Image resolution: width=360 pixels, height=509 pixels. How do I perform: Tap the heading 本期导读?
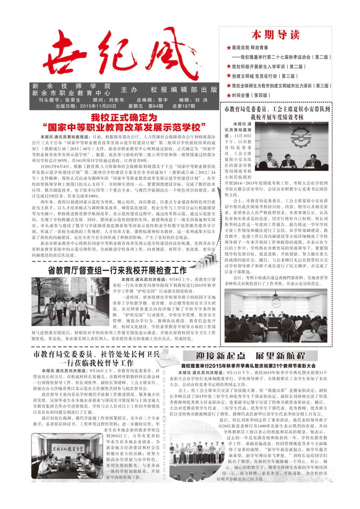tap(269, 34)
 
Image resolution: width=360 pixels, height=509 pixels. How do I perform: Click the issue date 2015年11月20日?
tap(97, 106)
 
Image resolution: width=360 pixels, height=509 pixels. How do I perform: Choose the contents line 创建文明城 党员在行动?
tap(263, 76)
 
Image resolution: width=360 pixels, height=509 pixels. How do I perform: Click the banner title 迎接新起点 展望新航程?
tap(251, 355)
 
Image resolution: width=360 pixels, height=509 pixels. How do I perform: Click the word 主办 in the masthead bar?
tap(129, 90)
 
